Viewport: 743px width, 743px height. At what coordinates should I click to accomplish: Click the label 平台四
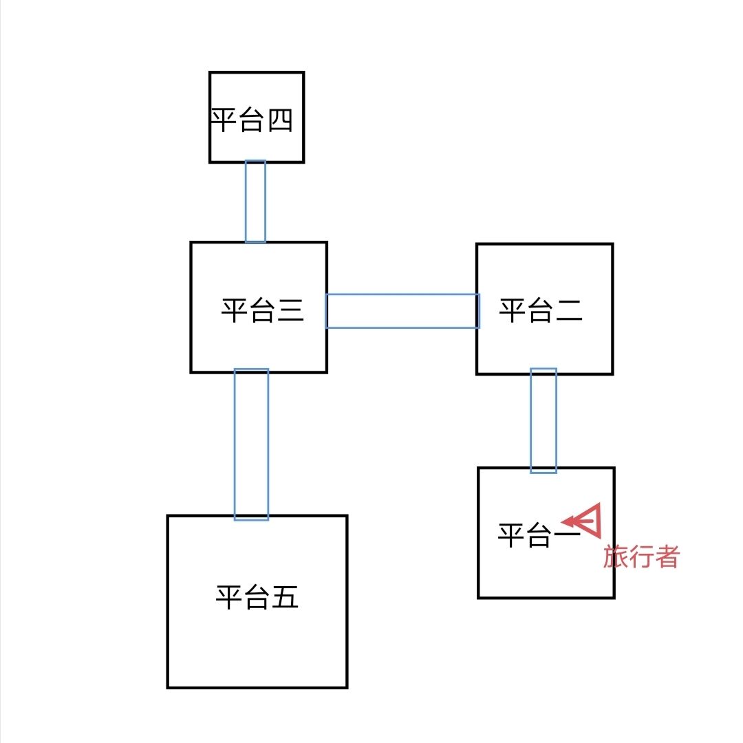252,120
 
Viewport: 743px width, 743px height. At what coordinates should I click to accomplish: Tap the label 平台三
262,310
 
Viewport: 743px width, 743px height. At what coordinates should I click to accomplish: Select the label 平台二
541,310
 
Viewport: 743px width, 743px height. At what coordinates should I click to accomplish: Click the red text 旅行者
641,557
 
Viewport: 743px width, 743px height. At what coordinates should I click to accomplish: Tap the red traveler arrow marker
584,521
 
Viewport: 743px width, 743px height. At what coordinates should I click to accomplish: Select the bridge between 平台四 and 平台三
255,201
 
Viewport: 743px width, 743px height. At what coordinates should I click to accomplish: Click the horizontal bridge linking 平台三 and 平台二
402,311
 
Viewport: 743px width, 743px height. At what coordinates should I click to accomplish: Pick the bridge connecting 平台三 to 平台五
251,444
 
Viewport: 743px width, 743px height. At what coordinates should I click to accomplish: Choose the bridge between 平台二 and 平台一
543,420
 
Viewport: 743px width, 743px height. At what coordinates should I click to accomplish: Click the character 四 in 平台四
280,120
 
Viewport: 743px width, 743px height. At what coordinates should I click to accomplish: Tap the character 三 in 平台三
290,310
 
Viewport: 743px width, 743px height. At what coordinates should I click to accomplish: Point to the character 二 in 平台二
569,310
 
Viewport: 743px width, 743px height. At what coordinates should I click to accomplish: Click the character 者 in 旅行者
667,557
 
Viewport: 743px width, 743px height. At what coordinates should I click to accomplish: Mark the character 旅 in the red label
616,557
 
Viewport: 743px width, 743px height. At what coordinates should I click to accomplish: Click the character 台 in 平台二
541,310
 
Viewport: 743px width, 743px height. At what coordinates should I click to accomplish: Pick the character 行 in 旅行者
641,557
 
